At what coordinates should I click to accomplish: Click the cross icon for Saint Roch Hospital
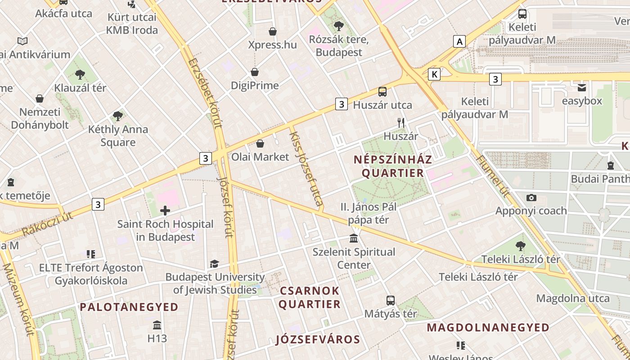[165, 210]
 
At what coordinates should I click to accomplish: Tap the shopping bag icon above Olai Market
[260, 144]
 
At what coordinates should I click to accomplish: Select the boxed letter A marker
[459, 42]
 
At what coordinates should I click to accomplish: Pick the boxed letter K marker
[434, 74]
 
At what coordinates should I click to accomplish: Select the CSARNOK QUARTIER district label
[310, 297]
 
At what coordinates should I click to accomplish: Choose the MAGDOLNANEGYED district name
[488, 327]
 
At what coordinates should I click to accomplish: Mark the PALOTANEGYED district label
[129, 307]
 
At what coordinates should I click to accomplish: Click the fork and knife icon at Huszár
[401, 123]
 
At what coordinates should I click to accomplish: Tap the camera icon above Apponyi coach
[531, 198]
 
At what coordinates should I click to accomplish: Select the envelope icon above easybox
[582, 87]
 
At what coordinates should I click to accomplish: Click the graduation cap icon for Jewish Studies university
[214, 264]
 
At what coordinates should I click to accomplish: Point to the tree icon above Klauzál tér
[80, 74]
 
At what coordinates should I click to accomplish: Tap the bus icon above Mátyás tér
[391, 300]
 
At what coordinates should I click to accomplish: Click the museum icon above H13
[157, 325]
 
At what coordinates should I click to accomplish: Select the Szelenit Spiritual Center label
[354, 258]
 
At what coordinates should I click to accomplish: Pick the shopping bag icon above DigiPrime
[255, 72]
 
